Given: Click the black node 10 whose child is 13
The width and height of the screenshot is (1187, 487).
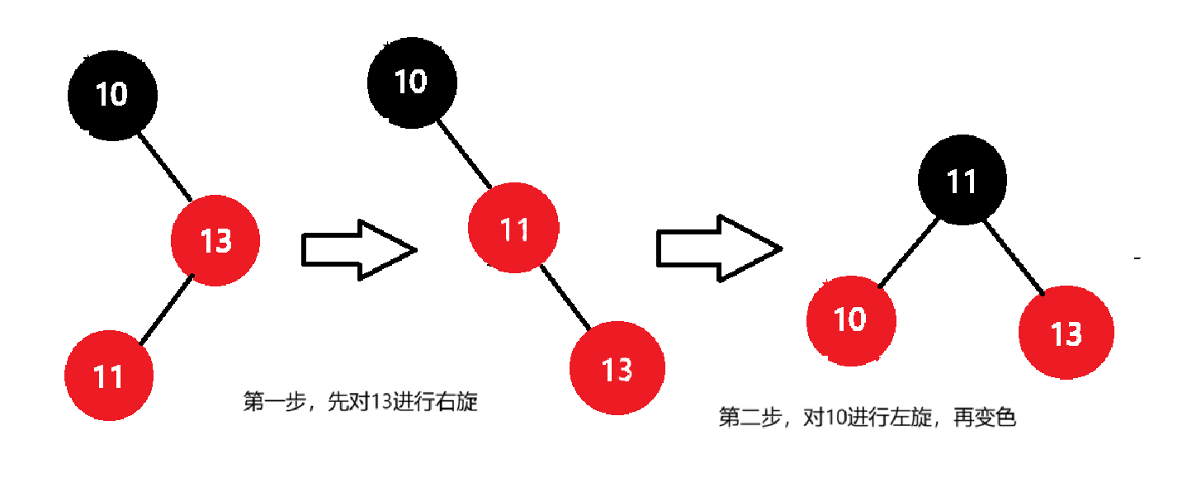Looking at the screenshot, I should (x=112, y=94).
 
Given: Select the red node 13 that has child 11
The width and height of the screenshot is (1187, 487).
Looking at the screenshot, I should (x=215, y=241).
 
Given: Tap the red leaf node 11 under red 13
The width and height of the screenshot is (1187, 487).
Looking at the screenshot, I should (x=108, y=376).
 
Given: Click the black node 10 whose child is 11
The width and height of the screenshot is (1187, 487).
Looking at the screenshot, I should (x=411, y=82).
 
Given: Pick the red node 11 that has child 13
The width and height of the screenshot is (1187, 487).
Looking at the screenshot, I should (x=513, y=228).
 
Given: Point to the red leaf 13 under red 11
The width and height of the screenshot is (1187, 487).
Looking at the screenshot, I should (x=617, y=368).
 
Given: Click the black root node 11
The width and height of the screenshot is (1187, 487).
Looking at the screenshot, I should (x=962, y=181).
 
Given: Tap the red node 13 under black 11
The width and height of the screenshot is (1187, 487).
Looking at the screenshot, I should (x=1066, y=333).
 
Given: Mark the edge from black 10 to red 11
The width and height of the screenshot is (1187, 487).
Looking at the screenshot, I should (x=464, y=154).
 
